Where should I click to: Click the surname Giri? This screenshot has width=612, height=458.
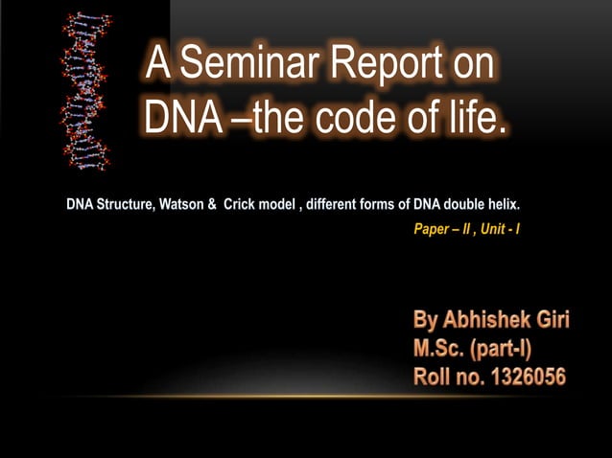click(550, 320)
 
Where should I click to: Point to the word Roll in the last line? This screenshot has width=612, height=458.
click(434, 376)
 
